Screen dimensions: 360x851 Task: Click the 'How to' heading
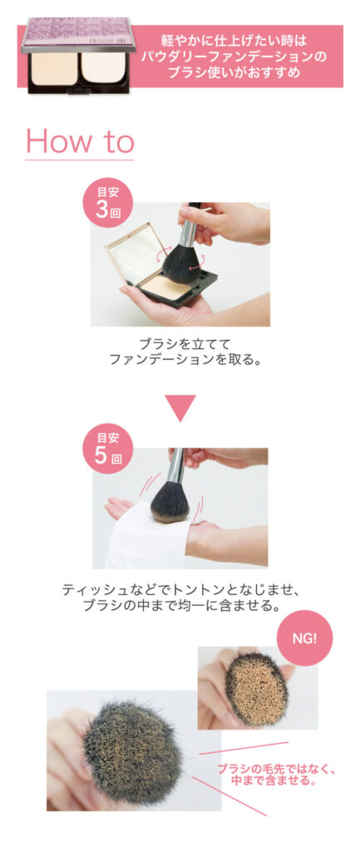coord(80,141)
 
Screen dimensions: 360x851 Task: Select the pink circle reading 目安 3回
coord(107,203)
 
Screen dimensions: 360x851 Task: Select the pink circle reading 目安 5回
coord(107,448)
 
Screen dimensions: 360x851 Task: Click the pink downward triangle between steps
coord(180,408)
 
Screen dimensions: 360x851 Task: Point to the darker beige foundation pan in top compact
coord(54,69)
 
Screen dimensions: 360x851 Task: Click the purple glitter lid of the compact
coord(77,34)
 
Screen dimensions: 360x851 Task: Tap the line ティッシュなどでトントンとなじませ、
coord(180,589)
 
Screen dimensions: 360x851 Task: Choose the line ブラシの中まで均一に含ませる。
coord(180,605)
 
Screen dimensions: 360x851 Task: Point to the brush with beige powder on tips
coord(256,687)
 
